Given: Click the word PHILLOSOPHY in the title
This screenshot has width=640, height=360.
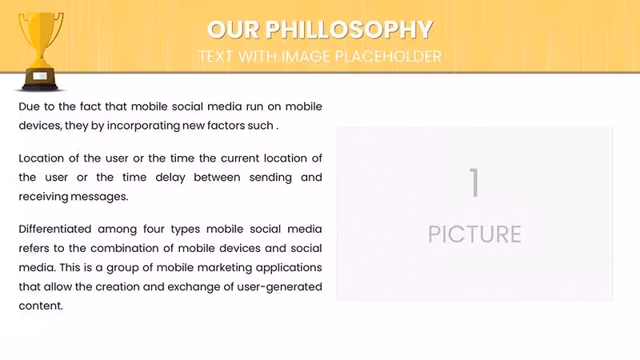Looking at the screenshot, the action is coord(349,30).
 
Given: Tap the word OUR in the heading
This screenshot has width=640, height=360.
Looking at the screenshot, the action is coord(233,30).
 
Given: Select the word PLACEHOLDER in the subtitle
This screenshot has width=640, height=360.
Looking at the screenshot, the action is coord(388,56).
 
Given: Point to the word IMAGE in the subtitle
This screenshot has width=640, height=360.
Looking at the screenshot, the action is coord(306,56).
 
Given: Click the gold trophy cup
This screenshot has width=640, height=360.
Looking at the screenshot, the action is coord(41,51).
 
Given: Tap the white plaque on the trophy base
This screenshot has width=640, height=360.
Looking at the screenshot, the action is coord(39,76).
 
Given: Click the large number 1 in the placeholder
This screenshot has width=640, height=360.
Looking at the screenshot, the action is coord(474,182).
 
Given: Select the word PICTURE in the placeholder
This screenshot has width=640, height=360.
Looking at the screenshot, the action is coord(474,234).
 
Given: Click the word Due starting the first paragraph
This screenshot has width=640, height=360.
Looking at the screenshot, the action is coord(29,106).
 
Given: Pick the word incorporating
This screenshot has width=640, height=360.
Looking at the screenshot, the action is coord(143,126).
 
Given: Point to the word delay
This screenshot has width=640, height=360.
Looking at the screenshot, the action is coord(170,178).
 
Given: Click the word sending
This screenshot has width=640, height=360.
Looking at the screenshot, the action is coord(270,178).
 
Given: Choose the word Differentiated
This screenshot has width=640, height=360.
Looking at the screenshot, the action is coord(54,229).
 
